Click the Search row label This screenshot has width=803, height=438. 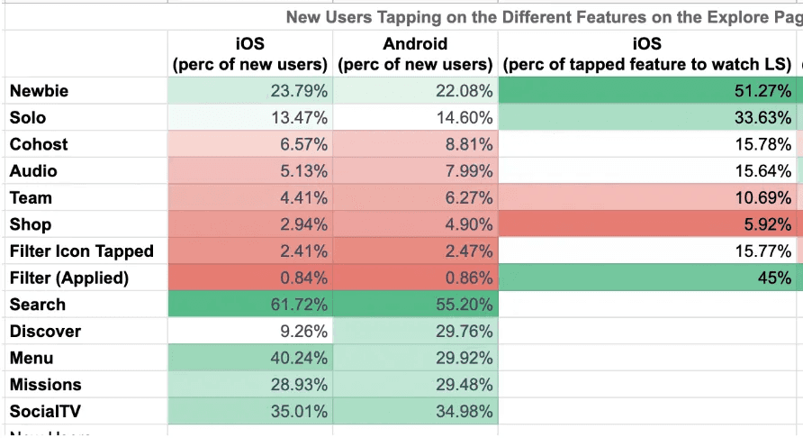(38, 305)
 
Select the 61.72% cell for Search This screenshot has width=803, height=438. (250, 305)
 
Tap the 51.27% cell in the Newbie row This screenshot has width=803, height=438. (648, 91)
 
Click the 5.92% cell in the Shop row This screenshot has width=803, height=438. (648, 224)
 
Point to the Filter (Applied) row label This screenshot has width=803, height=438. (69, 278)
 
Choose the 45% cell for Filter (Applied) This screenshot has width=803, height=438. (648, 278)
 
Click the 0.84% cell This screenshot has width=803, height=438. (250, 278)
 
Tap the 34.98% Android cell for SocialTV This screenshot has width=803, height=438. (415, 412)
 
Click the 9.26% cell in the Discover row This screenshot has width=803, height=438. (250, 332)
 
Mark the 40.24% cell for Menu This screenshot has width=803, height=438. (250, 359)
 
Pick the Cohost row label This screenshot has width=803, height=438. (39, 144)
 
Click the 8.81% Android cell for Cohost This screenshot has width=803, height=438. (415, 144)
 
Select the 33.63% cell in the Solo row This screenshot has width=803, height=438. (648, 118)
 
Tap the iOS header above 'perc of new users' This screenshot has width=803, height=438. (249, 44)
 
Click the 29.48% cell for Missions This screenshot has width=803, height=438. (415, 385)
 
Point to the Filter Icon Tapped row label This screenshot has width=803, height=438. (82, 251)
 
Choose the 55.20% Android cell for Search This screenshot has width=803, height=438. (415, 305)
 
